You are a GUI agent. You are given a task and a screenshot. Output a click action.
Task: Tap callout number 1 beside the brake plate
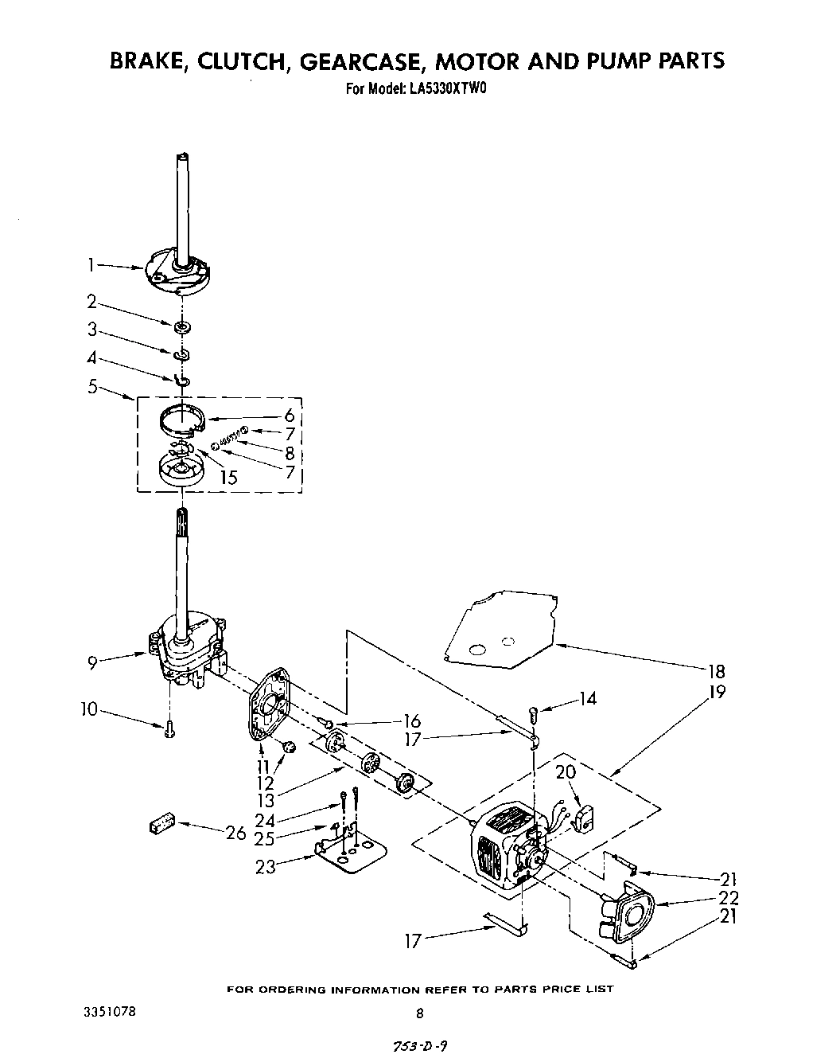pos(92,265)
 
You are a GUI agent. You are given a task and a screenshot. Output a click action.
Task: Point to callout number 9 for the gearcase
pos(93,661)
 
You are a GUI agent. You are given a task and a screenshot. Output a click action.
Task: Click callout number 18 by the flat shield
pos(717,671)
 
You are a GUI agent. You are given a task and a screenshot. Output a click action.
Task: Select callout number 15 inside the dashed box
pos(229,478)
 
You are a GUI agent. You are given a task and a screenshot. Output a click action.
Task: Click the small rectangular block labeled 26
pos(161,823)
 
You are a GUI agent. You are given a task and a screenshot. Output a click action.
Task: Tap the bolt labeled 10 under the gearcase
pos(169,729)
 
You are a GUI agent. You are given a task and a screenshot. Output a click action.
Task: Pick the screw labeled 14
pos(535,714)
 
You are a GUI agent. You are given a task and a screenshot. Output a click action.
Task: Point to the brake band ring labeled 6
pos(182,420)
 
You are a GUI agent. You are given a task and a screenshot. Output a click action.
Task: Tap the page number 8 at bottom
pos(420,1013)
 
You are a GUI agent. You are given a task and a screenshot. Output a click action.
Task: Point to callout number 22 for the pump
pos(728,898)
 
